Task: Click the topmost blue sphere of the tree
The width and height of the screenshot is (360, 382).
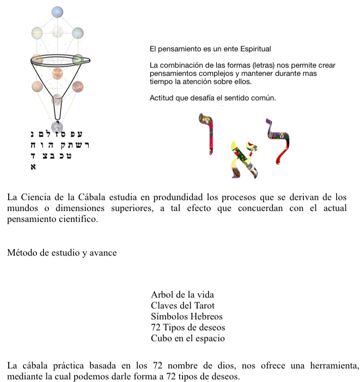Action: [x=57, y=12]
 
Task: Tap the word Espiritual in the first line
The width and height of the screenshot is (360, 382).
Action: [x=255, y=49]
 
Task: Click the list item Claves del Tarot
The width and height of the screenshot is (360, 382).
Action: [x=182, y=306]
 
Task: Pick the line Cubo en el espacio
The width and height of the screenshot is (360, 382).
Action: [x=188, y=338]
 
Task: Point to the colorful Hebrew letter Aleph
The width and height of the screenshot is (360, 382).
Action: [x=244, y=160]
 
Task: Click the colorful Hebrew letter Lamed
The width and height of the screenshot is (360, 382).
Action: [x=278, y=141]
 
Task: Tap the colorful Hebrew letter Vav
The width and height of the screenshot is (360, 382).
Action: [x=206, y=134]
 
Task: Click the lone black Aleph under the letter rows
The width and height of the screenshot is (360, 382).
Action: [x=33, y=167]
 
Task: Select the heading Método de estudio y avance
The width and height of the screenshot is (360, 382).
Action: [x=62, y=253]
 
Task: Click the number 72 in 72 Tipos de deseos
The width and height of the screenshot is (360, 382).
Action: [x=156, y=327]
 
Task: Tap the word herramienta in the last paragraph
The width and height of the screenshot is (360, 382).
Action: [x=334, y=366]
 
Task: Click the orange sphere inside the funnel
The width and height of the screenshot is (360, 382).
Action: [x=57, y=74]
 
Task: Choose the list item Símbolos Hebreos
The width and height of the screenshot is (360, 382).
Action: [x=187, y=316]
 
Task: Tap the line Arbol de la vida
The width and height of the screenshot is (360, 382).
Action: [x=182, y=295]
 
